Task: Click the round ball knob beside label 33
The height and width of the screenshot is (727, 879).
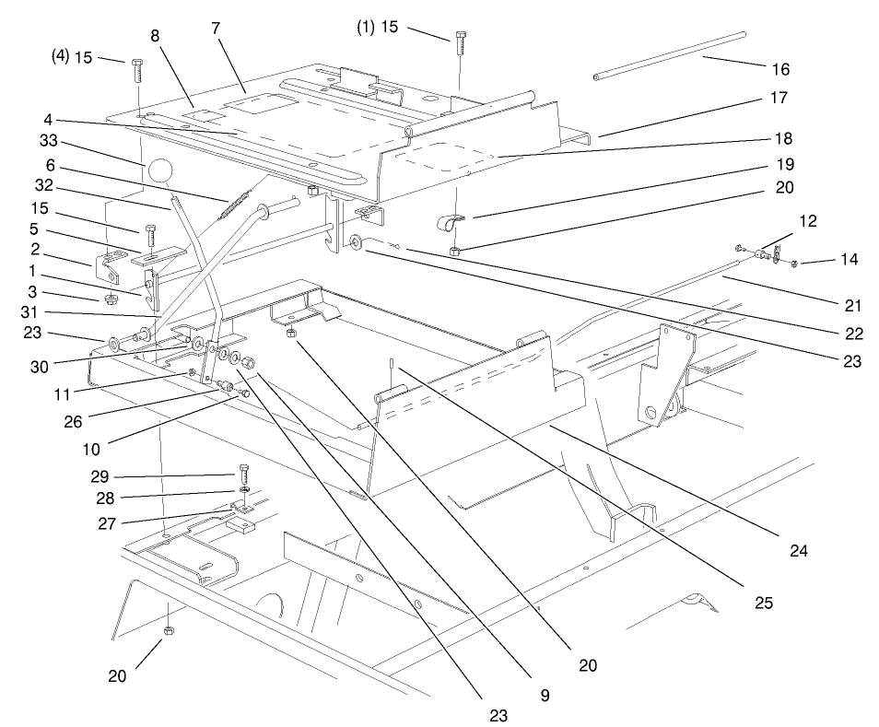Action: [x=159, y=171]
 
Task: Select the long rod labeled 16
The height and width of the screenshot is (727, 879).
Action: [x=669, y=57]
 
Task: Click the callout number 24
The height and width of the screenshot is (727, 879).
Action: [x=797, y=552]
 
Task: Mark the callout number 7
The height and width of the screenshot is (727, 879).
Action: [x=216, y=28]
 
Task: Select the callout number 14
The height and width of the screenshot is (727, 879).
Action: [x=850, y=260]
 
